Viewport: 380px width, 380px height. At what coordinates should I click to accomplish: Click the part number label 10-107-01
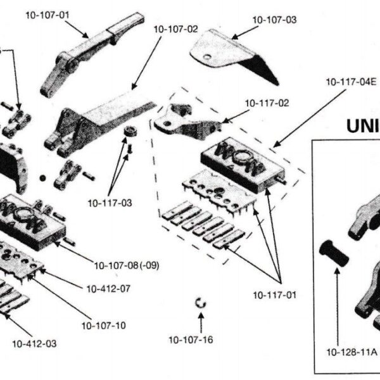coord(47,15)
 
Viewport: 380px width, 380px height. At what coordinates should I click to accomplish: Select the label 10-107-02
coord(175,29)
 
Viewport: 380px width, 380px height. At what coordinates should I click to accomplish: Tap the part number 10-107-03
coord(274,20)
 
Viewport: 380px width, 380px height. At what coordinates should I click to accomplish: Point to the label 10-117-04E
coord(351,82)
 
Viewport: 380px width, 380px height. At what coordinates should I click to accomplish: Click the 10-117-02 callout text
coord(267,103)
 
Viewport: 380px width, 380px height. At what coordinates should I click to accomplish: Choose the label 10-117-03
coord(110,203)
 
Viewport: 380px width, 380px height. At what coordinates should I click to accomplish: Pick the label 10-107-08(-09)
coord(127,265)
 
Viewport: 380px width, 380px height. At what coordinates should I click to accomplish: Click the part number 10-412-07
coord(108,289)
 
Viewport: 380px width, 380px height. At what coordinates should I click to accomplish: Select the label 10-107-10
coord(104,326)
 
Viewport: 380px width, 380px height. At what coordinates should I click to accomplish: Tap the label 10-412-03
coord(34,344)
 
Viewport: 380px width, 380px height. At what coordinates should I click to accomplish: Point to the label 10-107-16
coord(191,339)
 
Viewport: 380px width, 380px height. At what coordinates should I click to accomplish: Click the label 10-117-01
coord(275,295)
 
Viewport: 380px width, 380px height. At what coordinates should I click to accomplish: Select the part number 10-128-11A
coord(352,352)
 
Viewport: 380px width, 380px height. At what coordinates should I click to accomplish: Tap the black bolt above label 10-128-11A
coord(334,253)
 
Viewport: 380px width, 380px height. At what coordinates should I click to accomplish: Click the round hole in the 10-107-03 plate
coord(207,57)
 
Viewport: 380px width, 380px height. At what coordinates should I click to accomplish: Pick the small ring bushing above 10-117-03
coord(130,131)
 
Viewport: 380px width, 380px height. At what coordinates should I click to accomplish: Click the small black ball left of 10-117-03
coord(42,178)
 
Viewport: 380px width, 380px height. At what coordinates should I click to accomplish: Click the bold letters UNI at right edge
coord(363,126)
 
